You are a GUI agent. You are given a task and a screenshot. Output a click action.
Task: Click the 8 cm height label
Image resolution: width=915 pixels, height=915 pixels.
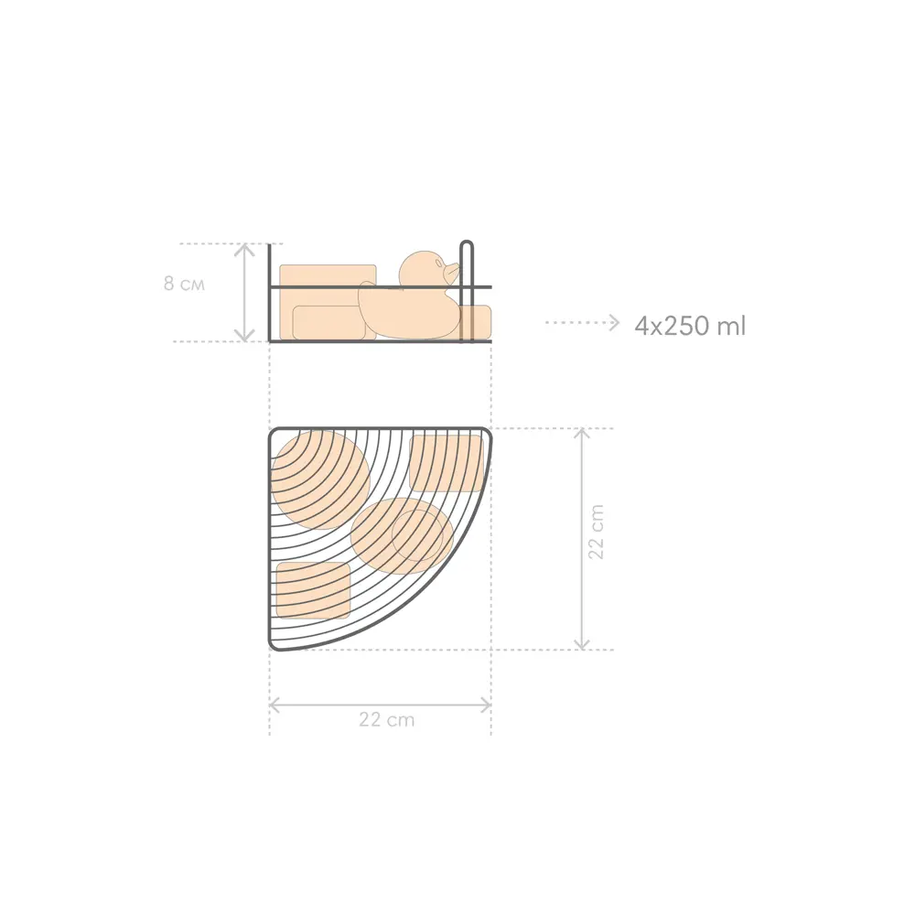pos(184,285)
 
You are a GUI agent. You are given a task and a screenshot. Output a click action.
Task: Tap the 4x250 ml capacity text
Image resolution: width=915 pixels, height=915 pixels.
pos(690,326)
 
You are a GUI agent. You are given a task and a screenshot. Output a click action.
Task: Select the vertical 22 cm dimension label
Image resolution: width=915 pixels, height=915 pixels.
pos(596,533)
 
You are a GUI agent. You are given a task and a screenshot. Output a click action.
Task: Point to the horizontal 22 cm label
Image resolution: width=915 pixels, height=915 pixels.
pos(386,719)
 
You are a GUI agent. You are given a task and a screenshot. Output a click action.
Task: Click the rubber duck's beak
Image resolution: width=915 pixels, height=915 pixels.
pos(452,271)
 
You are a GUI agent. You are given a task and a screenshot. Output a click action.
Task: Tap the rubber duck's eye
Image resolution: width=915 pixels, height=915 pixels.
pos(437,263)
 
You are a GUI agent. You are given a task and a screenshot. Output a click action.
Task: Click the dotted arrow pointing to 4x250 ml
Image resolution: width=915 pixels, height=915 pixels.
pos(582,323)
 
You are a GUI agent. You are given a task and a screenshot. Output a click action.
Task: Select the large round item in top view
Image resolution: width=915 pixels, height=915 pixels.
pos(320,479)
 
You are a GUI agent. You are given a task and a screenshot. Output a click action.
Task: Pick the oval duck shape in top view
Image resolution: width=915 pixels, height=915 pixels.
pos(402,535)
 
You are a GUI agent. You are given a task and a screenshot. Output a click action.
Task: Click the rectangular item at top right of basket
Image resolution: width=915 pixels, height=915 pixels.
pos(447,463)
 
